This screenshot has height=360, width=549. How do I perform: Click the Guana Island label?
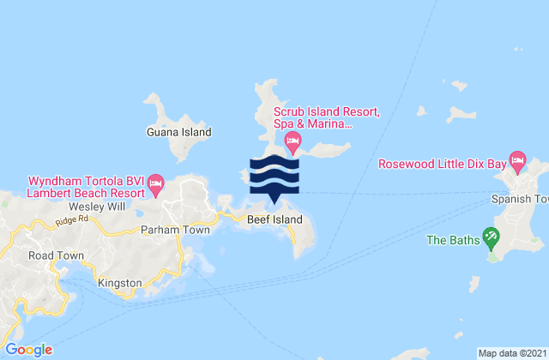[x=178, y=133]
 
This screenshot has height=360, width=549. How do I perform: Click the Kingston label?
[x=114, y=281]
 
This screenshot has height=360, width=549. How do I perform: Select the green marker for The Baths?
[x=491, y=234]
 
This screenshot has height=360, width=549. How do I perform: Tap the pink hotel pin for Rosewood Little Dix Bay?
[x=517, y=159]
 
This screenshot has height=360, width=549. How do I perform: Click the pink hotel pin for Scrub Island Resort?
[x=293, y=140]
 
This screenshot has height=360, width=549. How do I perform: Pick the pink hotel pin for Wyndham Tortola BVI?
[x=155, y=181]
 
